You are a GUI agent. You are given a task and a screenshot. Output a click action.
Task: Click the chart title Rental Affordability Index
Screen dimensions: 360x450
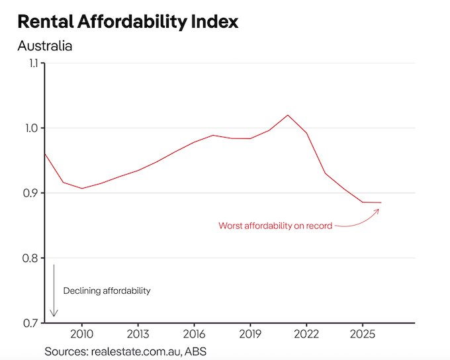[x=128, y=21]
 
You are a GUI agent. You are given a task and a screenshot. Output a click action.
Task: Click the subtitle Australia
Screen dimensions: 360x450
[x=45, y=46]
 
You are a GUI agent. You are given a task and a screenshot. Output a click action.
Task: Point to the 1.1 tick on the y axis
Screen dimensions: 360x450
[x=30, y=64]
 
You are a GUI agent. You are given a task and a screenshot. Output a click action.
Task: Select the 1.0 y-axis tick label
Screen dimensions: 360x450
[x=30, y=128]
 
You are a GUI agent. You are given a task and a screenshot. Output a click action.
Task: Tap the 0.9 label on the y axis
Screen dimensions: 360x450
[x=30, y=193]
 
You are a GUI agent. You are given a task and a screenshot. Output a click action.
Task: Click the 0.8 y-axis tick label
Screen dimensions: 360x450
[x=30, y=258]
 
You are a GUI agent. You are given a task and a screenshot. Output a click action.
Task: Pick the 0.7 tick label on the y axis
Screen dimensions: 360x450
[x=30, y=323]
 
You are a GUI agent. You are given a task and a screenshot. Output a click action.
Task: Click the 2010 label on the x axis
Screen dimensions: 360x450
[x=82, y=333]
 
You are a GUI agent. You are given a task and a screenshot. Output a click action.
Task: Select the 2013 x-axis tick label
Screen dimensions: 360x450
[x=138, y=333]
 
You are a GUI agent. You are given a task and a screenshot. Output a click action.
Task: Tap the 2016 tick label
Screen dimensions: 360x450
[x=194, y=333]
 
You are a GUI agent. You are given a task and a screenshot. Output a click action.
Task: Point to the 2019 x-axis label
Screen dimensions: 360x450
[x=250, y=333]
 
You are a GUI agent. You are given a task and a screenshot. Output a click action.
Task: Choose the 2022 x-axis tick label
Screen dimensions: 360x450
[x=306, y=333]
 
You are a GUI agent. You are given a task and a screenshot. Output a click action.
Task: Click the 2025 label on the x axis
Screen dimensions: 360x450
[x=363, y=333]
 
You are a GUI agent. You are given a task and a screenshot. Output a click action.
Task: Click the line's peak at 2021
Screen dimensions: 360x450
[x=288, y=115]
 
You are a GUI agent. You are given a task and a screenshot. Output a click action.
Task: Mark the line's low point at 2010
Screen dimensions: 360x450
[x=82, y=189]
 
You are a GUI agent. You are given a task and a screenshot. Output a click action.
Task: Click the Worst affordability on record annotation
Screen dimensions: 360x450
[x=275, y=226]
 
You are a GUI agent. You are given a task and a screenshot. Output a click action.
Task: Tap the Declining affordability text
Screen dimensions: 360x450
[x=107, y=291]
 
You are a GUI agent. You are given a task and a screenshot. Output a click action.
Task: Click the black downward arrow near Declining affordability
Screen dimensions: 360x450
[x=54, y=291]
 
